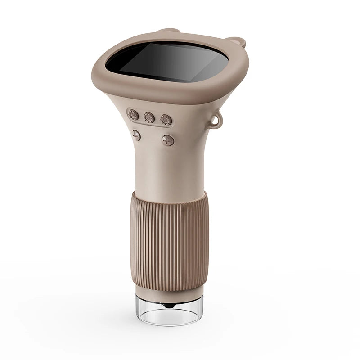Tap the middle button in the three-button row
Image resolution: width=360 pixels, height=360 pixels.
click(x=149, y=117)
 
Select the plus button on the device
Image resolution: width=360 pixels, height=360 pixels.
click(x=168, y=140)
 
